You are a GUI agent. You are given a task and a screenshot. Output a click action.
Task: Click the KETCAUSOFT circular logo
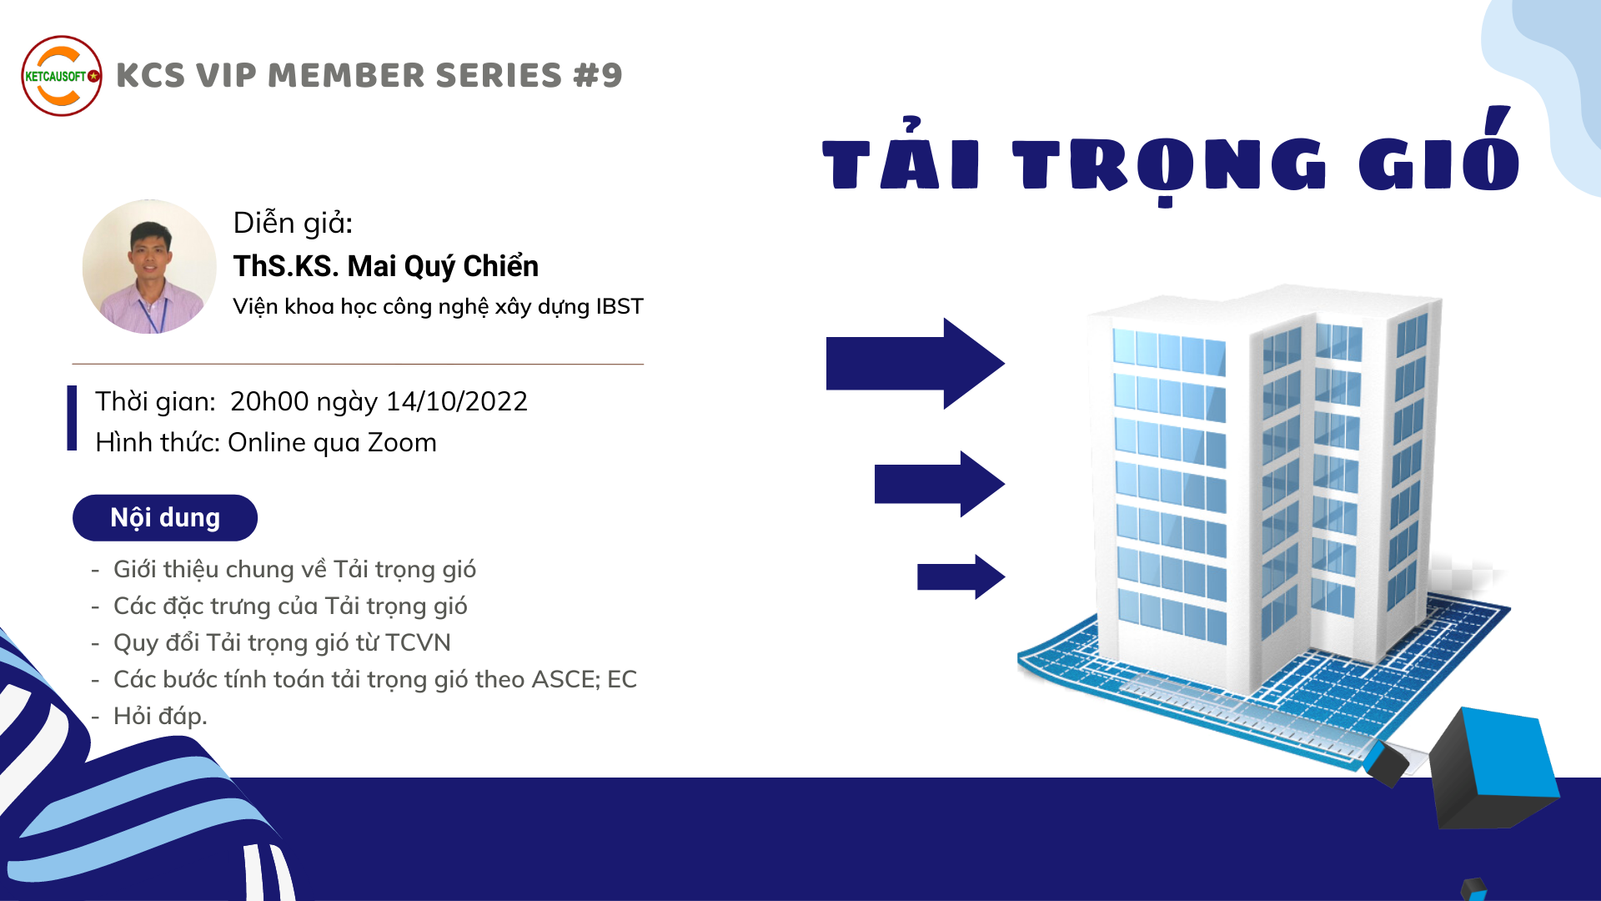point(62,76)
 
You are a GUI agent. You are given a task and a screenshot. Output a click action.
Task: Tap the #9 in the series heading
point(598,75)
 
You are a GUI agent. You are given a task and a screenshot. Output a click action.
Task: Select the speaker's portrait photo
point(149,266)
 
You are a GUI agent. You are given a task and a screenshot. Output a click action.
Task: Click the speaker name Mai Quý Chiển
point(443,266)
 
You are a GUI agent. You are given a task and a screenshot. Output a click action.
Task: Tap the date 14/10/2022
point(457,401)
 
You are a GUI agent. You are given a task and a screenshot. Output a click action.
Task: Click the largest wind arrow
point(915,363)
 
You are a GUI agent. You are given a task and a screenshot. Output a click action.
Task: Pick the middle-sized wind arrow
point(939,484)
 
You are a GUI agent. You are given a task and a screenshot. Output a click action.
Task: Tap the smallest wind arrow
point(961,576)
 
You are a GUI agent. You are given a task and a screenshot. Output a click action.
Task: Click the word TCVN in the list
point(418,642)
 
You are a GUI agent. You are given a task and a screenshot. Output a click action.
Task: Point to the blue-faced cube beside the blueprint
point(1493,768)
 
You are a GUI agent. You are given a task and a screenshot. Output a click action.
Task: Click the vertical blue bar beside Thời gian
point(73,418)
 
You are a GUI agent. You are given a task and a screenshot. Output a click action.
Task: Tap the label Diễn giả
point(294,223)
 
